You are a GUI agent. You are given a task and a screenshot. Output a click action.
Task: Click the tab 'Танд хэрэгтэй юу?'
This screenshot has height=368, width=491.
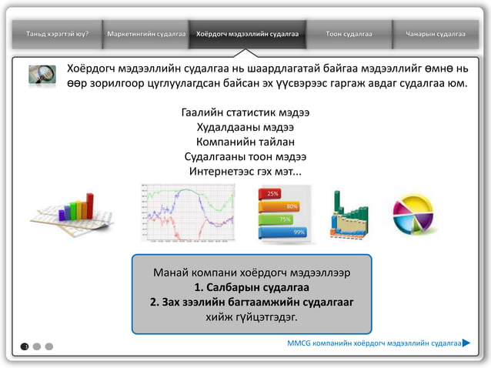[57, 35]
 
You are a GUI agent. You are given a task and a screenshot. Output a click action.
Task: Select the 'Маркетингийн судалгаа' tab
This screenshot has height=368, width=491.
[147, 35]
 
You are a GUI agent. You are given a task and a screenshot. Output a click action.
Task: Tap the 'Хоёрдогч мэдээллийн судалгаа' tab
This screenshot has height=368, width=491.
[247, 35]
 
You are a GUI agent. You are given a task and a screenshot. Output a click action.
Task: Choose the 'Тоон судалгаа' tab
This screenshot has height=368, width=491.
[349, 35]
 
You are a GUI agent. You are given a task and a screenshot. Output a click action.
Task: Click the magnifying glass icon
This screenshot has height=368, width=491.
[42, 74]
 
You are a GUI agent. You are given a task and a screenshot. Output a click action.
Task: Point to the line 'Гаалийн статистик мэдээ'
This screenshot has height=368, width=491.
[245, 113]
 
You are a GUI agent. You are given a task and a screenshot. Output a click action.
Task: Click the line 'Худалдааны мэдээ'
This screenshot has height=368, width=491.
[245, 127]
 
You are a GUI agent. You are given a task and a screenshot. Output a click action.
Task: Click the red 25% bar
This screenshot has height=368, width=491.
[272, 194]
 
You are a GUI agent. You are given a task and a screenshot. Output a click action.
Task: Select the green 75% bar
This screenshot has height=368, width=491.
[279, 219]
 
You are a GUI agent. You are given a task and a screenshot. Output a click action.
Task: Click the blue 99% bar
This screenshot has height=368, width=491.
[285, 232]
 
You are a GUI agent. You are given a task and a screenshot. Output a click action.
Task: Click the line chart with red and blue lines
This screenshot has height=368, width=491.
[188, 212]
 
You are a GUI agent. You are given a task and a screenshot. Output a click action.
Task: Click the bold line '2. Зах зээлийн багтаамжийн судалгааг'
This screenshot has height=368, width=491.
[252, 302]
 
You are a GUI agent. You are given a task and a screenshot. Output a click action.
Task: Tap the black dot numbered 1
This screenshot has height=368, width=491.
[25, 346]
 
